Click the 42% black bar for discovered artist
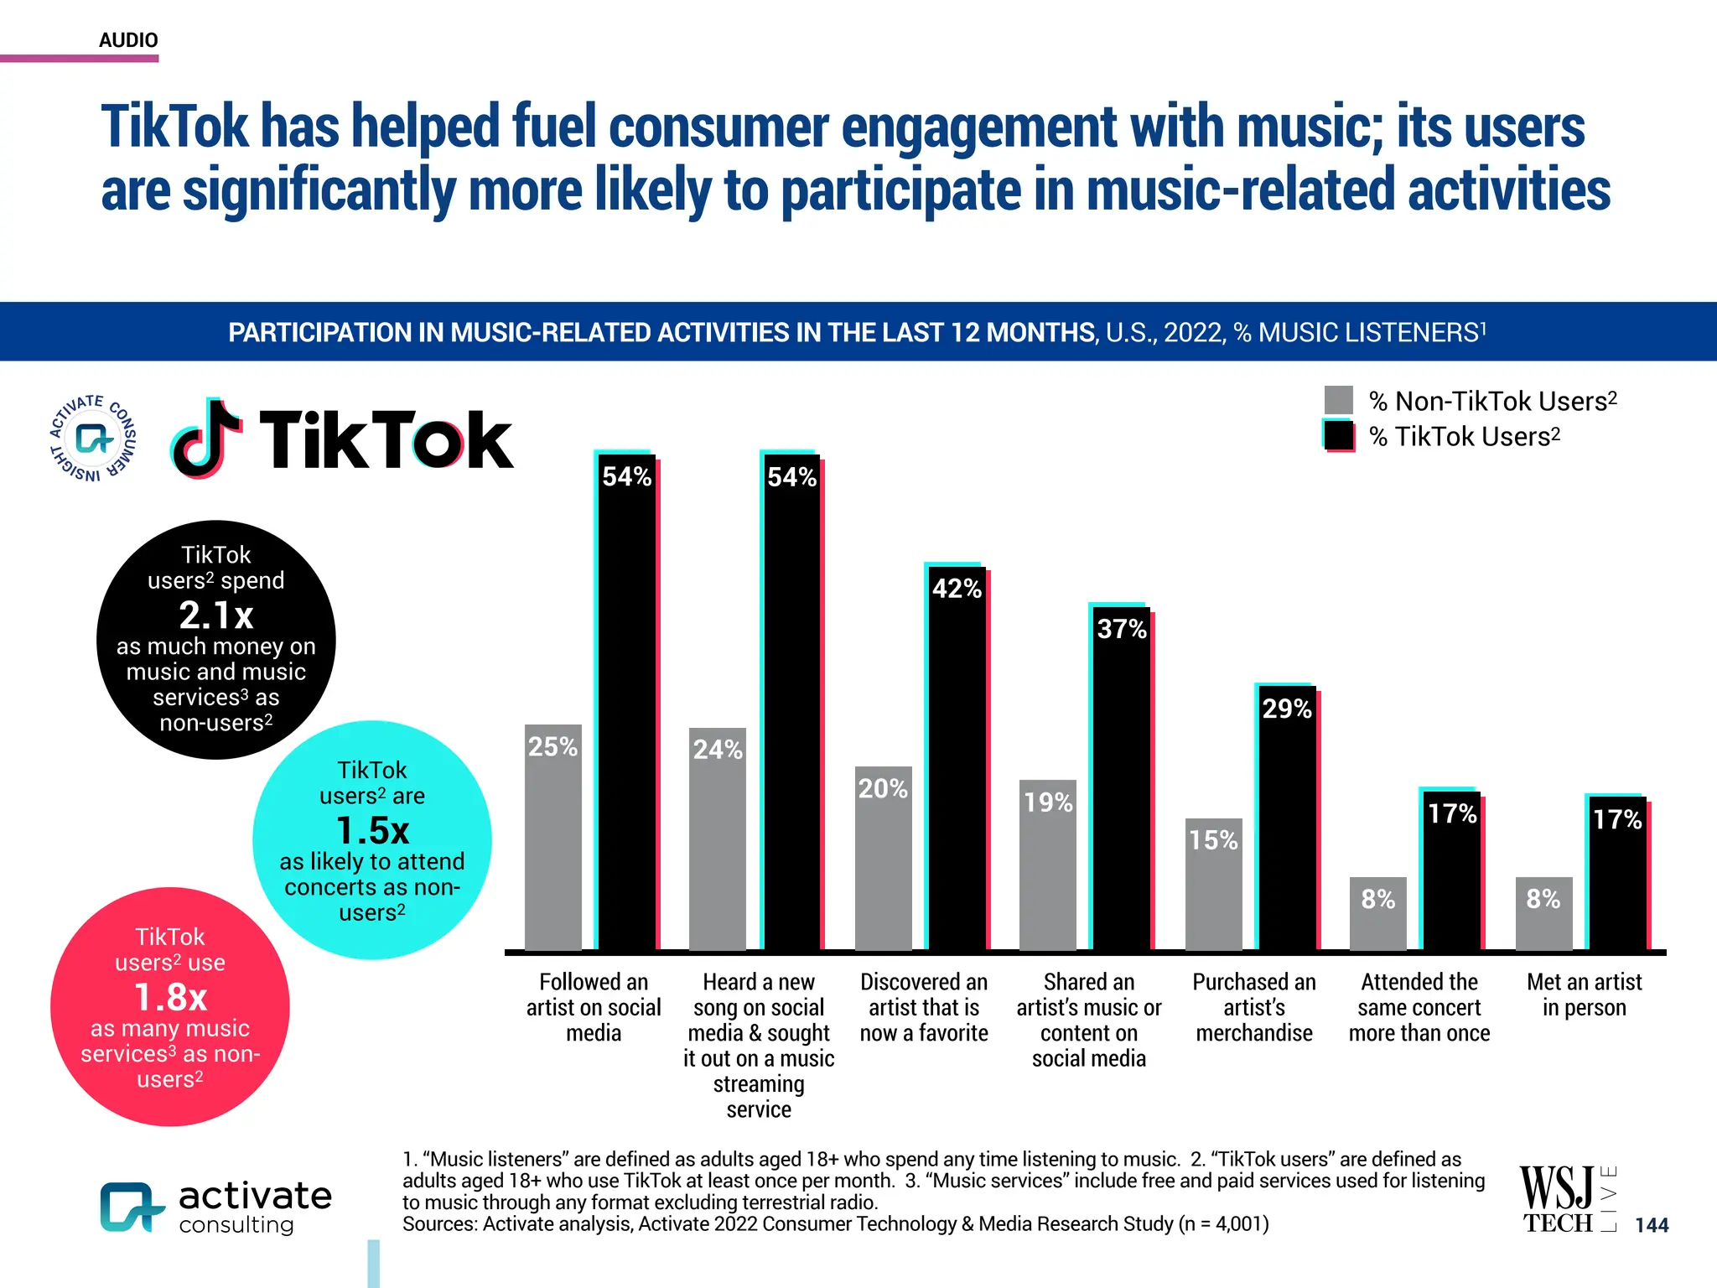(957, 759)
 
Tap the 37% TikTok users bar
(1122, 780)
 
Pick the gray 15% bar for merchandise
(1213, 884)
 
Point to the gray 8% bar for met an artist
(1543, 913)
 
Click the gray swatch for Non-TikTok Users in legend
(1339, 400)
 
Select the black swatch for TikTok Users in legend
(1339, 436)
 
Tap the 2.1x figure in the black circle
(216, 615)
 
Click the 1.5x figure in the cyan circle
(372, 831)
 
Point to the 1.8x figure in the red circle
(170, 998)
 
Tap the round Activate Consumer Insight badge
(93, 439)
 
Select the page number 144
(1652, 1225)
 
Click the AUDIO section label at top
(128, 40)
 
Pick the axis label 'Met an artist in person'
(1584, 995)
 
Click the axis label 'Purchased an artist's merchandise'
(1254, 1007)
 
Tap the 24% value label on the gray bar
(718, 749)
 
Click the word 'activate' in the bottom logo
(255, 1196)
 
